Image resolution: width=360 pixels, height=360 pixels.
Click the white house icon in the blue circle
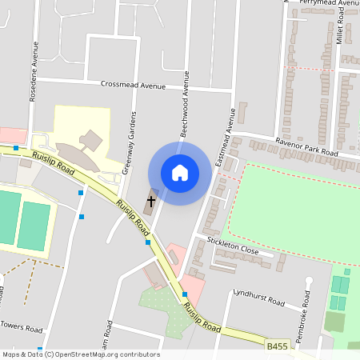pyautogui.click(x=180, y=173)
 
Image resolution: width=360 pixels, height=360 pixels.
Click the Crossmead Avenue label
pyautogui.click(x=133, y=84)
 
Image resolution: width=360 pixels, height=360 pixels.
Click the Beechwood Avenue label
pyautogui.click(x=185, y=105)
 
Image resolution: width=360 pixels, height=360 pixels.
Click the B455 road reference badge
pyautogui.click(x=277, y=346)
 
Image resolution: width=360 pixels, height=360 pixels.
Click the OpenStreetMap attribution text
pyautogui.click(x=81, y=354)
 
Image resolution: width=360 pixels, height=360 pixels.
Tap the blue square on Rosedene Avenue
pyautogui.click(x=81, y=193)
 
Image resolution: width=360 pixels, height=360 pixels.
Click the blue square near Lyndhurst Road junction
pyautogui.click(x=185, y=294)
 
